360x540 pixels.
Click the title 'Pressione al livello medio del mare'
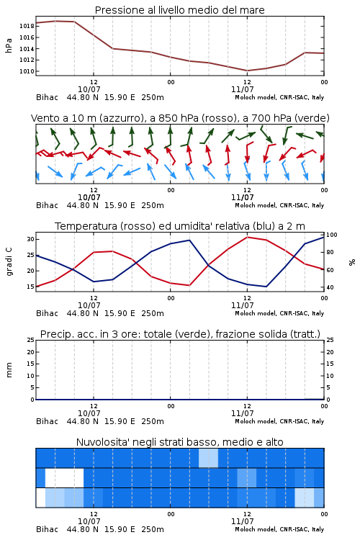coord(179,10)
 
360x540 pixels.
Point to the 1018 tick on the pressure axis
coord(27,26)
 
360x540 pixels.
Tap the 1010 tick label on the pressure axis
coord(27,71)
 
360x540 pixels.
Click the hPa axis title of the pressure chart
coord(9,45)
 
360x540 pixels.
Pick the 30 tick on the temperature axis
coord(30,239)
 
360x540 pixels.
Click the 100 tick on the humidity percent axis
coord(332,235)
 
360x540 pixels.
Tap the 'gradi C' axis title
coord(9,261)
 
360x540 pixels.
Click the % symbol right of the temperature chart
coord(352,262)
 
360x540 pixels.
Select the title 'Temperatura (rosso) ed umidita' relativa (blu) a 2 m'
coord(180,226)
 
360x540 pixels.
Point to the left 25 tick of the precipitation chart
coord(30,340)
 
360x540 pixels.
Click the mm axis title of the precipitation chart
coord(9,370)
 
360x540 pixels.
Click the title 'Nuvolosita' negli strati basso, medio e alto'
coord(180,442)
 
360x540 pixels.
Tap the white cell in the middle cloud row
coord(64,477)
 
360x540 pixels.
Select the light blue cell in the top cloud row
coord(208,458)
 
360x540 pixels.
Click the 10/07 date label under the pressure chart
coord(89,89)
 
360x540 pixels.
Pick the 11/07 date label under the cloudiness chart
coord(242,521)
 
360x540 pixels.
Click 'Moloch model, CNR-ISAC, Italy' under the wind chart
coord(279,205)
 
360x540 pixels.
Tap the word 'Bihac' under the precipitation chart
coord(48,421)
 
